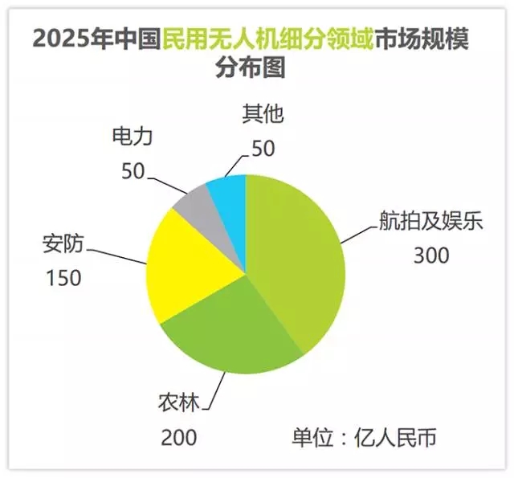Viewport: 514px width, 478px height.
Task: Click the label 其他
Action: [x=264, y=114]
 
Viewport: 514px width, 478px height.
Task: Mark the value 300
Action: [x=431, y=255]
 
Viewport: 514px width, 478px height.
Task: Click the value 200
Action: [x=177, y=439]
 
